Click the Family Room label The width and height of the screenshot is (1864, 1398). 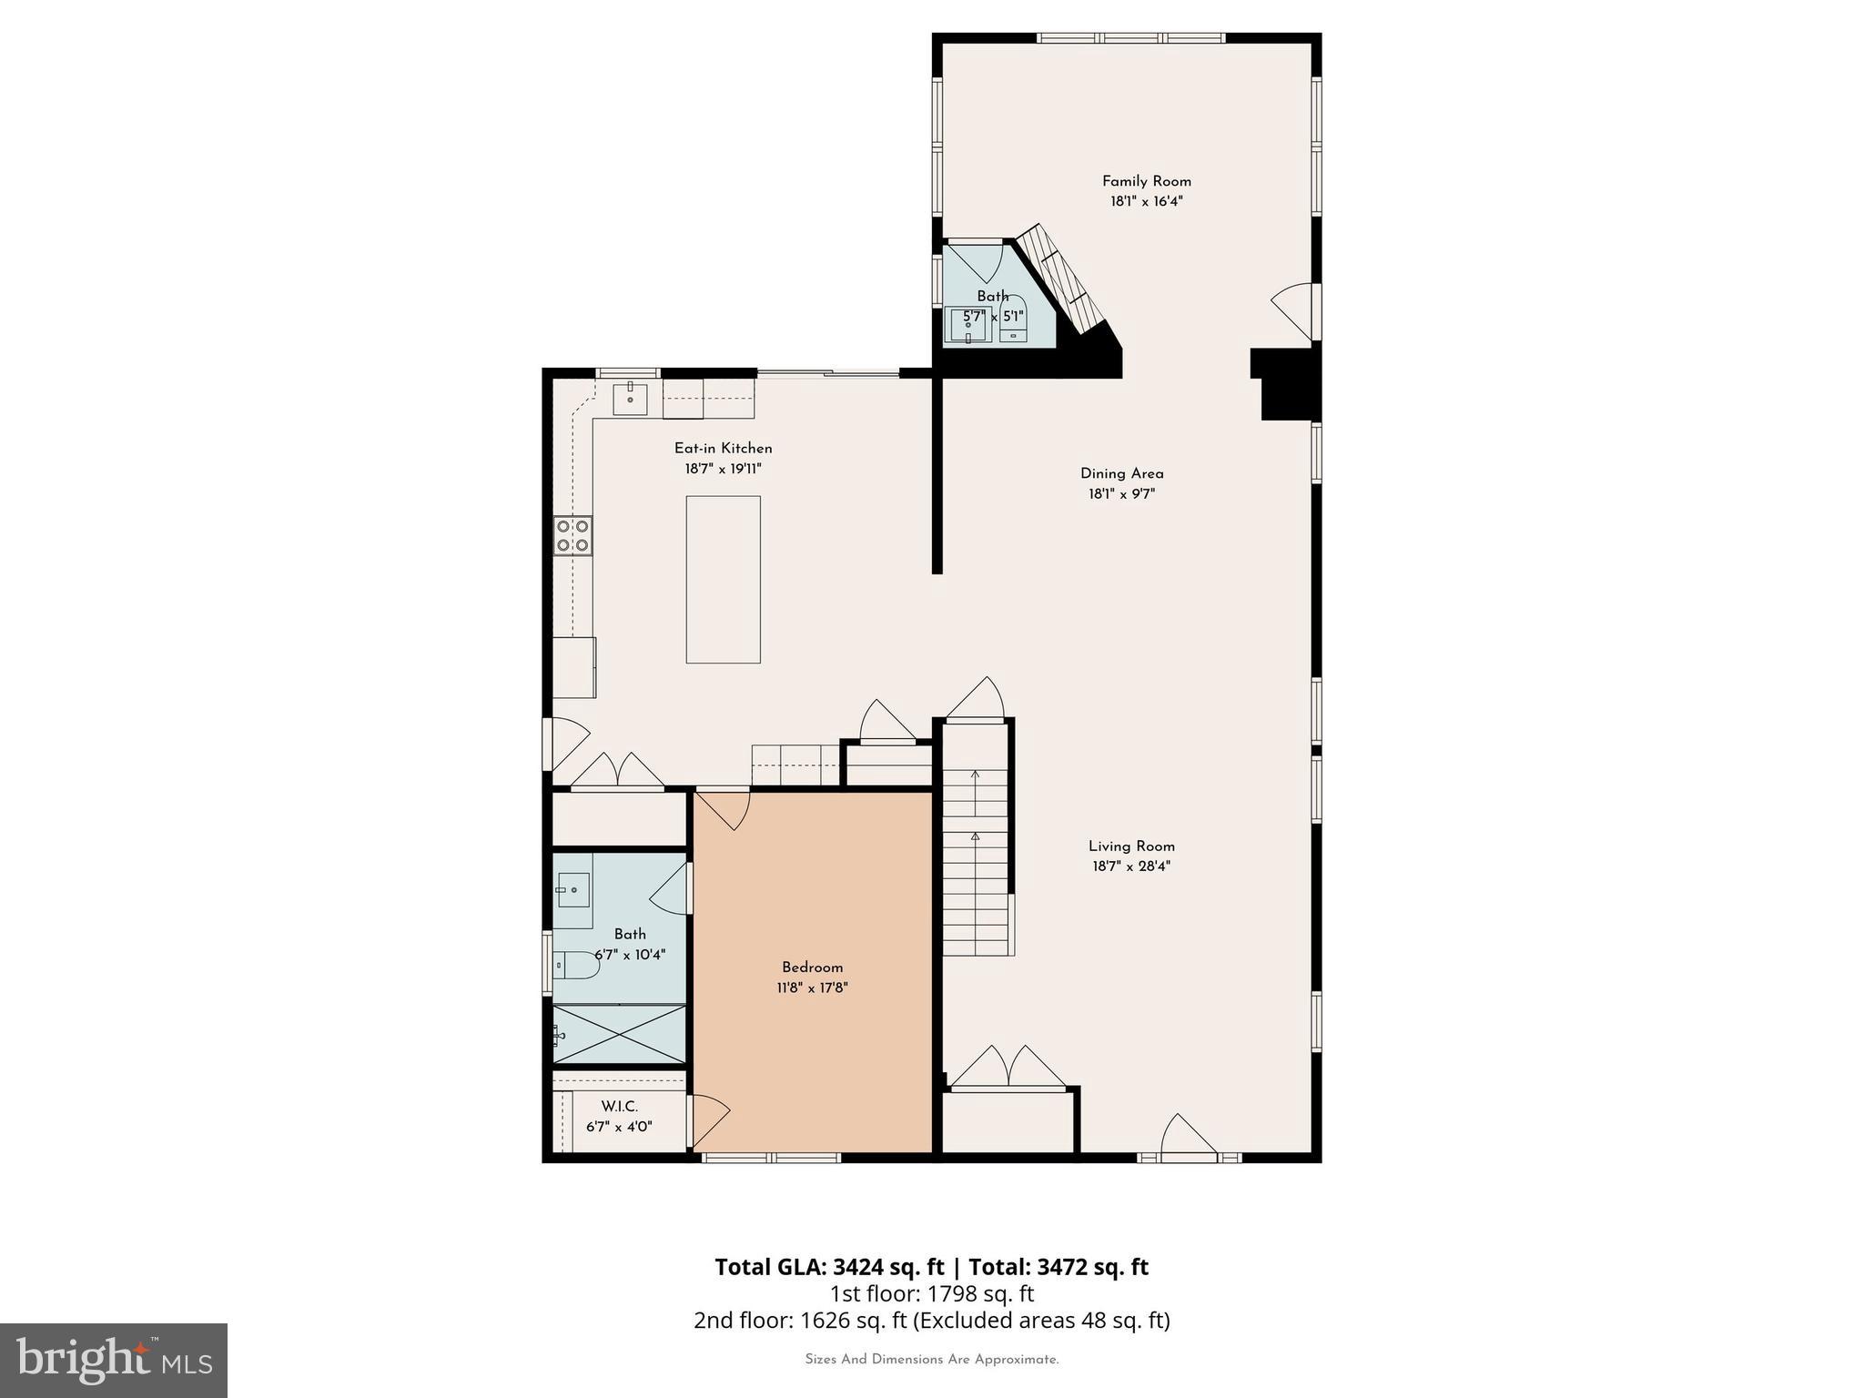tap(1146, 181)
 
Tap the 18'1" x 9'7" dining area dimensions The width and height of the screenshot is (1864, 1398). tap(1121, 494)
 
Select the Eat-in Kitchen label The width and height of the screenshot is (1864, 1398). tap(723, 448)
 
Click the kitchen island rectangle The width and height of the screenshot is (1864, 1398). tap(723, 579)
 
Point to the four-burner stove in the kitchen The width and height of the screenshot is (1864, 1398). tap(572, 535)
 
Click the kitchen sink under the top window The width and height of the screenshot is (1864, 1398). tap(630, 398)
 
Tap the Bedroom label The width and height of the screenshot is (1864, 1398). tap(812, 967)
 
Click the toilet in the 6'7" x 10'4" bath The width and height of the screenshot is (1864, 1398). tap(575, 964)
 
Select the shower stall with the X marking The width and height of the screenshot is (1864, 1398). tap(619, 1034)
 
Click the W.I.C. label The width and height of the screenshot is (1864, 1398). tap(619, 1106)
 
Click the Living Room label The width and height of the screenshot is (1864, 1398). tap(1131, 846)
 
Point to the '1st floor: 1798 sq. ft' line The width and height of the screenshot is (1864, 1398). tap(931, 1293)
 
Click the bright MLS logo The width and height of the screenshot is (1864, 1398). tap(114, 1360)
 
